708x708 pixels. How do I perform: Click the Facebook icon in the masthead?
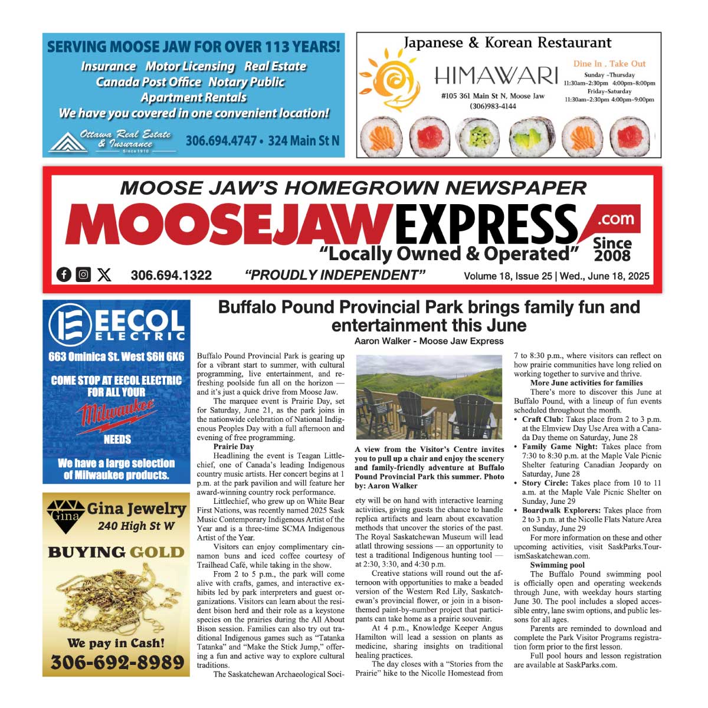click(x=64, y=274)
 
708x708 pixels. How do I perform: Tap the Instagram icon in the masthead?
click(x=84, y=274)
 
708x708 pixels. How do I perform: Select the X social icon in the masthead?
click(x=104, y=274)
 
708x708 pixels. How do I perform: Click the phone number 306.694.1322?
click(x=171, y=276)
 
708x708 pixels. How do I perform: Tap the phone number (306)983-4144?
click(x=493, y=106)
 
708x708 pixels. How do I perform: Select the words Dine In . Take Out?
click(x=609, y=64)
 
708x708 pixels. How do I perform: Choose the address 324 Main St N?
click(x=304, y=141)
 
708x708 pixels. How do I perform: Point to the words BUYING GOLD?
click(x=116, y=552)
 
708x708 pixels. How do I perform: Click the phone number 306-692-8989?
click(x=117, y=663)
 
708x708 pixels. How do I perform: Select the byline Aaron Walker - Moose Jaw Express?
click(x=429, y=341)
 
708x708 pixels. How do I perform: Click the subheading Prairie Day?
click(x=234, y=447)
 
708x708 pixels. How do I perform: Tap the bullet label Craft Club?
click(x=542, y=419)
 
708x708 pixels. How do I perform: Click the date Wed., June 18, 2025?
click(x=604, y=276)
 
